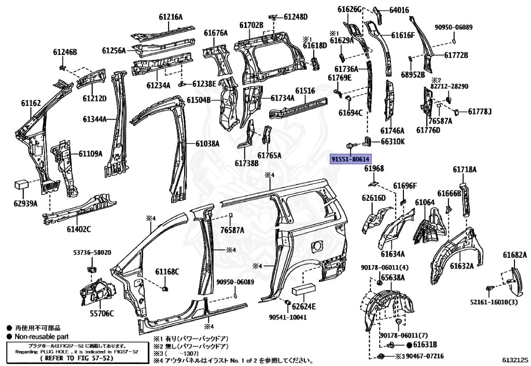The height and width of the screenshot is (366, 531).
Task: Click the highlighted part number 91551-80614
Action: [x=351, y=159]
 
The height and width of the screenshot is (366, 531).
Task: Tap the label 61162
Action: [x=31, y=103]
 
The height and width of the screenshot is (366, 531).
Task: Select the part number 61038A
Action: [x=207, y=143]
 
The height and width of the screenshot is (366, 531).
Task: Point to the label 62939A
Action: [x=26, y=204]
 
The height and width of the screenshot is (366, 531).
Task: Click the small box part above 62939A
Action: [x=21, y=185]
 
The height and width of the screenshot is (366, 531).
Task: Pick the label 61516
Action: [x=305, y=91]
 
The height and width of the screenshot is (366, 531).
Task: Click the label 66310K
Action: [x=393, y=141]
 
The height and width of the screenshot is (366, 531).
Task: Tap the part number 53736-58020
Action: [x=92, y=253]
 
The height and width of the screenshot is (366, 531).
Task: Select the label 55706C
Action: [x=102, y=314]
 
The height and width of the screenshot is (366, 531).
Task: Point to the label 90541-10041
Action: [x=288, y=317]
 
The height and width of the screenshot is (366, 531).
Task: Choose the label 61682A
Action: [x=515, y=255]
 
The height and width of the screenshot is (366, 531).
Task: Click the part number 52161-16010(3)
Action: [x=494, y=302]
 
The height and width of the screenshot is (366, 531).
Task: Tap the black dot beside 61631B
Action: [x=409, y=345]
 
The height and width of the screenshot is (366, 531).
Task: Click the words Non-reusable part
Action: [x=41, y=336]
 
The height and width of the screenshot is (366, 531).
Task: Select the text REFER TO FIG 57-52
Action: [x=77, y=358]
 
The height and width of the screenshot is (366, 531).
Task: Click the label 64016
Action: [x=399, y=10]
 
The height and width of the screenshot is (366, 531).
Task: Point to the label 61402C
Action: [x=79, y=229]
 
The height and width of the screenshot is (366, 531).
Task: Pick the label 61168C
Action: [x=167, y=271]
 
